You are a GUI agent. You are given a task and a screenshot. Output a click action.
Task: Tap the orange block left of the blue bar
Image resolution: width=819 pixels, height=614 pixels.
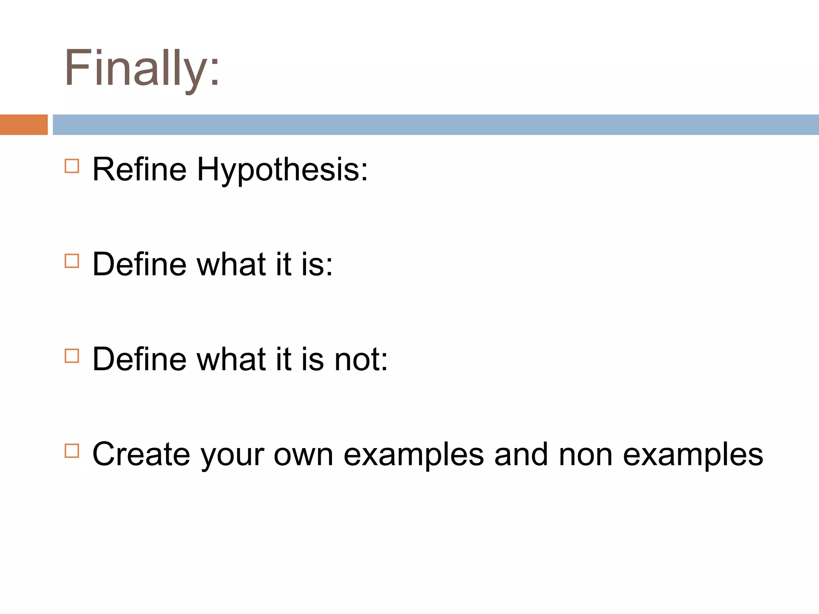click(x=24, y=125)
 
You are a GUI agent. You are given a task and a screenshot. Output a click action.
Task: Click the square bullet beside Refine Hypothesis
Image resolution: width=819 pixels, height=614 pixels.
click(x=72, y=166)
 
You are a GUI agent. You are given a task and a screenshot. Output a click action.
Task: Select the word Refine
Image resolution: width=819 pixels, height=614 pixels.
click(x=140, y=169)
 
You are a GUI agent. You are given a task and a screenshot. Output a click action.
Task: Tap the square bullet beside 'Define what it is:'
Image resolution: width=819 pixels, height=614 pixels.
click(x=72, y=261)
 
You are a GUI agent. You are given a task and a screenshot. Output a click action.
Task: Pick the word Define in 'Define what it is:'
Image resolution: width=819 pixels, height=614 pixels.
click(x=140, y=264)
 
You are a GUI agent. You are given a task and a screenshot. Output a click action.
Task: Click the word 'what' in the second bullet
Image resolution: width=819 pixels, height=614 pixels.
click(x=232, y=264)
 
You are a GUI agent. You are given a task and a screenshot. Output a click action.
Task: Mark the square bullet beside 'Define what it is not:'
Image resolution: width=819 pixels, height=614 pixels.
click(x=72, y=356)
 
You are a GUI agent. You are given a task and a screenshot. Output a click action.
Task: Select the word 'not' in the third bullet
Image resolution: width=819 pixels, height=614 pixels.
click(x=360, y=359)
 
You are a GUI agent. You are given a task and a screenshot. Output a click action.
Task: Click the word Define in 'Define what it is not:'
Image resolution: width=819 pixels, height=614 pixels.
click(x=140, y=359)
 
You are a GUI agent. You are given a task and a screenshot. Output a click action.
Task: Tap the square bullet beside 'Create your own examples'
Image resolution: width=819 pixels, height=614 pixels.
click(x=72, y=451)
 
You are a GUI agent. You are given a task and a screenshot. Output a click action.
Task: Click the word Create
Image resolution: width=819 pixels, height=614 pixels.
click(x=141, y=455)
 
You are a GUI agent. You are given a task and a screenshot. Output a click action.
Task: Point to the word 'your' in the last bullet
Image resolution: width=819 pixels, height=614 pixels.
click(x=232, y=456)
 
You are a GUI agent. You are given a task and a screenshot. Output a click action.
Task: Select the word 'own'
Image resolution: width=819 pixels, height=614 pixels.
click(x=303, y=455)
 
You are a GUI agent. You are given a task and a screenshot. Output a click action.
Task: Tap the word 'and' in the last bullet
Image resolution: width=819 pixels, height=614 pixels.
click(x=521, y=455)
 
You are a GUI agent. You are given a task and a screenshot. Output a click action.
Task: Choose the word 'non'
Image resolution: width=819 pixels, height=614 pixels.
click(x=585, y=455)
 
